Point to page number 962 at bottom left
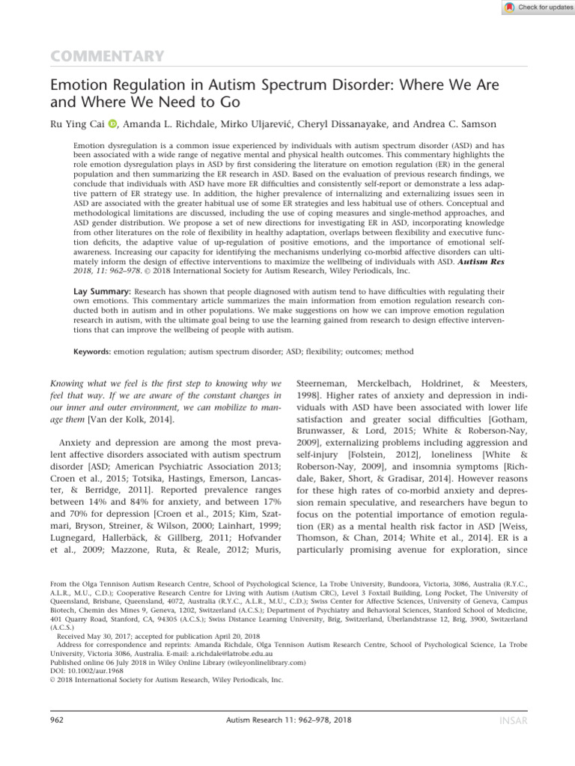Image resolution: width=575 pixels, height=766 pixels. tap(55, 719)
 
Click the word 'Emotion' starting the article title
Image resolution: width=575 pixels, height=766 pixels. tap(79, 87)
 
